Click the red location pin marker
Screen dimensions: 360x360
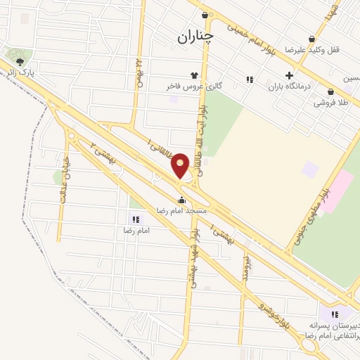tap(180, 166)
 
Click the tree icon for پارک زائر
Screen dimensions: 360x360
tap(18, 62)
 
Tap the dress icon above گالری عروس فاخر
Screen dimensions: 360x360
tap(194, 75)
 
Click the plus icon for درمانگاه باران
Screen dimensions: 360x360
tap(289, 76)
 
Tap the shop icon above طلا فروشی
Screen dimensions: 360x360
tap(330, 91)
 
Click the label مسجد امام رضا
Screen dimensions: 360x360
tap(181, 210)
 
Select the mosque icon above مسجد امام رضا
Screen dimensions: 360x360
tap(181, 200)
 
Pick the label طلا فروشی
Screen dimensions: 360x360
tap(332, 103)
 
